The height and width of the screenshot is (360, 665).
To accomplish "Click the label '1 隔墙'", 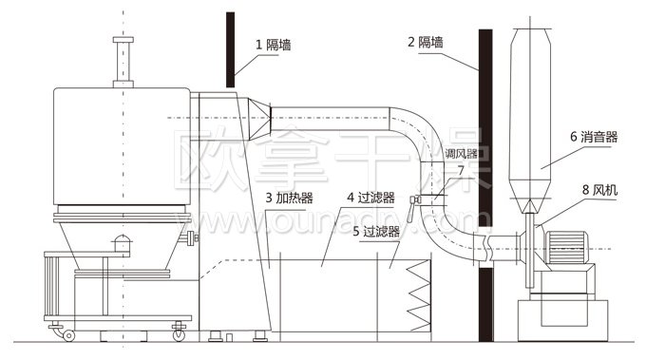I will [272, 44].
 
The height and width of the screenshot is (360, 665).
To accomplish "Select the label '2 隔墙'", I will [424, 43].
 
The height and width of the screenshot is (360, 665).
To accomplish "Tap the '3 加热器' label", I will [290, 198].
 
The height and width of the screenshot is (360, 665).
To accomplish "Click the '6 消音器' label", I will [594, 137].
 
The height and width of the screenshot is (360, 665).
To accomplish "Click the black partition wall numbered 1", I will [229, 47].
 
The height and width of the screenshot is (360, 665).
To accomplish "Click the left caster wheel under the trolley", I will [68, 333].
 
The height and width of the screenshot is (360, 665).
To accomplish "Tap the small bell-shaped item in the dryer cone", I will [121, 242].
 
